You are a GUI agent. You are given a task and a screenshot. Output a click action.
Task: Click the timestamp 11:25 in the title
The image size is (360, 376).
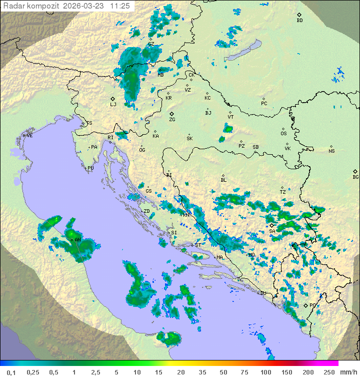click(x=120, y=6)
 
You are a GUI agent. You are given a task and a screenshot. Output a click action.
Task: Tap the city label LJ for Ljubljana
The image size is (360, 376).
click(x=113, y=104)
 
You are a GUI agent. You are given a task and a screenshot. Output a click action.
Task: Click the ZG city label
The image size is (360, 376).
click(x=172, y=120)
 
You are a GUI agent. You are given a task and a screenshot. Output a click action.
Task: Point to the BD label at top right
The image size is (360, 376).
click(x=299, y=21)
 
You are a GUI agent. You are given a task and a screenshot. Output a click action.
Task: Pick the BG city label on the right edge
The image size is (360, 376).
click(x=355, y=177)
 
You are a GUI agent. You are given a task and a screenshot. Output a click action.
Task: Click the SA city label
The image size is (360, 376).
click(x=272, y=231)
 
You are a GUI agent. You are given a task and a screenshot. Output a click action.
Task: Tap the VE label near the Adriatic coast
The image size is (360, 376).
click(x=29, y=136)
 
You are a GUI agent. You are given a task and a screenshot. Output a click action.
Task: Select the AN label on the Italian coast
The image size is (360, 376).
click(x=77, y=240)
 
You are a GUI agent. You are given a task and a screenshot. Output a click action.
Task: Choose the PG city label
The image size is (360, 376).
click(x=312, y=305)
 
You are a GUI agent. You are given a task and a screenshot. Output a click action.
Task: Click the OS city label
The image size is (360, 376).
click(x=283, y=134)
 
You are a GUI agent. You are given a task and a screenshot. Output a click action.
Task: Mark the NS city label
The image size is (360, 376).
click(x=331, y=151)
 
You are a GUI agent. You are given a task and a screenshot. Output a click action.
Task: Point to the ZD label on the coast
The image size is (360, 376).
click(x=146, y=211)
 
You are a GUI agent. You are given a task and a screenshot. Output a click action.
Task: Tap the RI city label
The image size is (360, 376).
click(x=110, y=137)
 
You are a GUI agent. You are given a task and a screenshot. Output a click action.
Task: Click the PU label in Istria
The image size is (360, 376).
click(x=90, y=168)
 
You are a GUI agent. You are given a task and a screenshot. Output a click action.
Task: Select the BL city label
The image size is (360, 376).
click(x=223, y=180)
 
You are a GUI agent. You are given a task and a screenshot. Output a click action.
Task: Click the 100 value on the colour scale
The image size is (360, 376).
click(x=265, y=372)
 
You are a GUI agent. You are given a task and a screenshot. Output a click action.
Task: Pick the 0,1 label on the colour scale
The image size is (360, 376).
click(x=11, y=372)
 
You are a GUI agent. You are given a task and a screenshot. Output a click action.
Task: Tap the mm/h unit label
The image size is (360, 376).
click(x=346, y=372)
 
